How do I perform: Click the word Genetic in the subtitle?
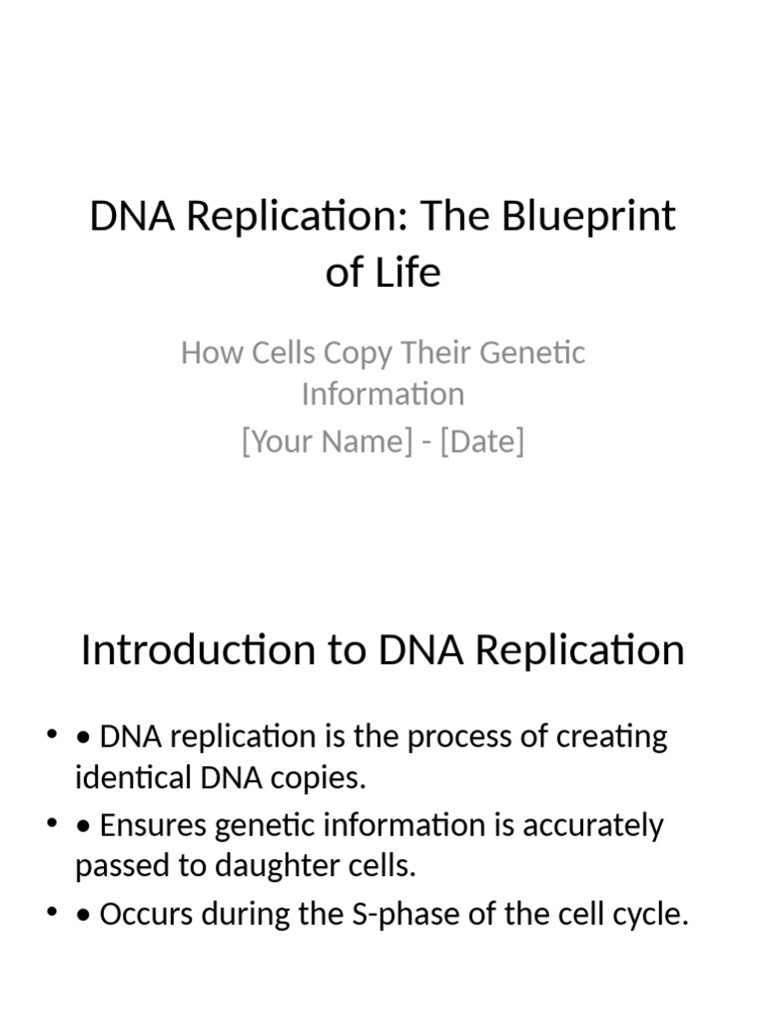click(533, 353)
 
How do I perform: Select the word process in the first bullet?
click(458, 737)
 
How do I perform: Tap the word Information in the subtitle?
click(383, 394)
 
